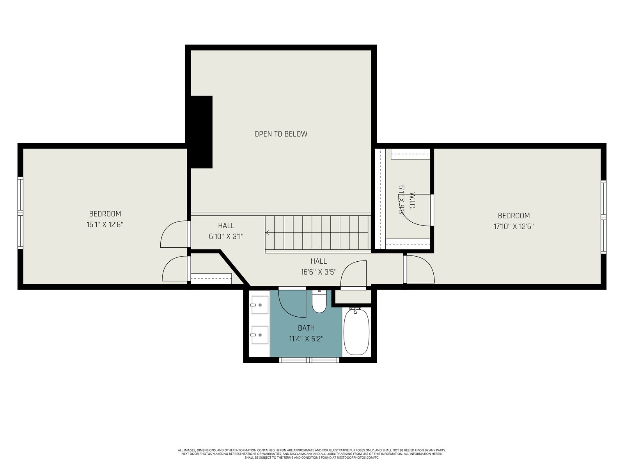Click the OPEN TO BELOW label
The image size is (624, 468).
point(280,134)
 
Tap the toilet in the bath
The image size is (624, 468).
point(319,301)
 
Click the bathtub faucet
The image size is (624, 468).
point(355,311)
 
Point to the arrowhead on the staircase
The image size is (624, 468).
point(267,232)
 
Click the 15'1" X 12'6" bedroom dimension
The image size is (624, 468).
point(105,225)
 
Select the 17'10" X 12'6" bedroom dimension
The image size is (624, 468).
point(514,227)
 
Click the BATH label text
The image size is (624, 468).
point(306,328)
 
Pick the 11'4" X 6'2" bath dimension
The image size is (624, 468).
point(306,339)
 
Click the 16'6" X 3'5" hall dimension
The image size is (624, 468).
point(319,272)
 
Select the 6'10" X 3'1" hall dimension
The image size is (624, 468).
point(226,236)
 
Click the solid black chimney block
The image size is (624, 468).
point(202,132)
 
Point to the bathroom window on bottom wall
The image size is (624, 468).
point(309,360)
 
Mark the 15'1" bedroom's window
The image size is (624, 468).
point(20,213)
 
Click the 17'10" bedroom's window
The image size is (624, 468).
point(603,217)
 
